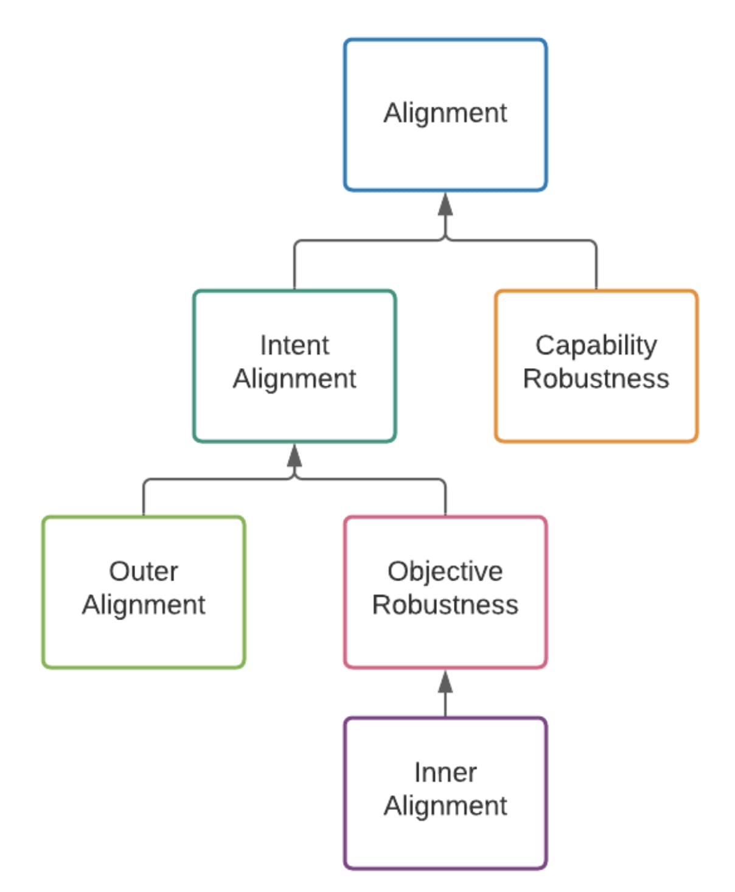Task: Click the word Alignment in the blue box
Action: tap(445, 113)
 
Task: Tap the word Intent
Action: tap(294, 345)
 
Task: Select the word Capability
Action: tap(596, 345)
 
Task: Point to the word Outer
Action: tap(144, 571)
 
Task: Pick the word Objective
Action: tap(445, 571)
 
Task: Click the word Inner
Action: tap(445, 772)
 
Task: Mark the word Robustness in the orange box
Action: tap(596, 378)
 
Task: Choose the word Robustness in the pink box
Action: tap(445, 605)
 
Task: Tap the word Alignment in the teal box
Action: tap(294, 378)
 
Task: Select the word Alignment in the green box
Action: tap(144, 605)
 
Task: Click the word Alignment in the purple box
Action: tap(445, 806)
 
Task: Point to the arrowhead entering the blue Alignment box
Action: tap(445, 205)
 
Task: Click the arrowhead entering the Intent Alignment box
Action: tap(294, 456)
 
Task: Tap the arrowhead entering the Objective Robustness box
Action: tap(445, 683)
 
